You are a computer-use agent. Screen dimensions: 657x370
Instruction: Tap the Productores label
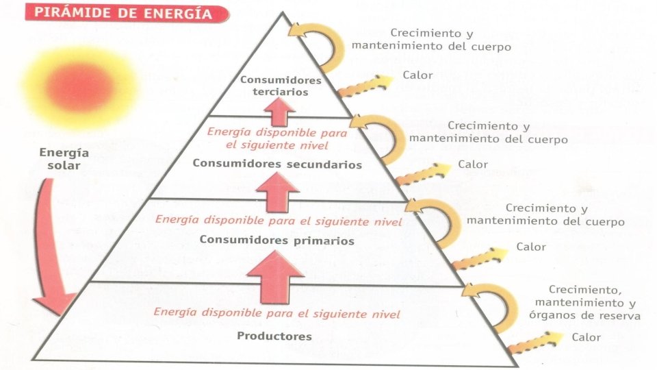[x=274, y=336]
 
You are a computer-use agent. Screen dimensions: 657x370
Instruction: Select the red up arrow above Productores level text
[x=274, y=277]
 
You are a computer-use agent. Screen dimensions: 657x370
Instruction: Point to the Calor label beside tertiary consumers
[x=417, y=75]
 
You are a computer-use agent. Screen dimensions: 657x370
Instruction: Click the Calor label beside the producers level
[x=586, y=337]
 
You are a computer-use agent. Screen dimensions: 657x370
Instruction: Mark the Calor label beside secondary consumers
[x=473, y=164]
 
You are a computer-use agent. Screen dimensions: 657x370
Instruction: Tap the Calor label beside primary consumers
[x=531, y=247]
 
